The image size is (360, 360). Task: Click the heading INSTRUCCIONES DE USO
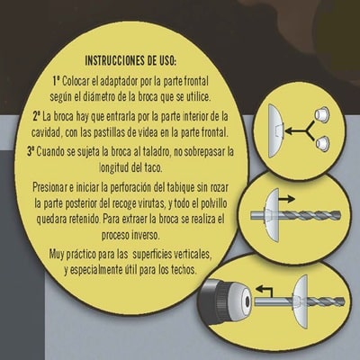pyautogui.click(x=130, y=60)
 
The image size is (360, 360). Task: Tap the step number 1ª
pyautogui.click(x=57, y=81)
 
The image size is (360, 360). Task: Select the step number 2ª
pyautogui.click(x=37, y=116)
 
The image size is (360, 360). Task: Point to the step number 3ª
pyautogui.click(x=31, y=151)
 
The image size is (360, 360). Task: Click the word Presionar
pyautogui.click(x=49, y=188)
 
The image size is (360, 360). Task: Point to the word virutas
pyautogui.click(x=152, y=204)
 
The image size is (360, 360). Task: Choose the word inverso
pyautogui.click(x=146, y=235)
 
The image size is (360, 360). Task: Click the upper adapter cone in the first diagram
pyautogui.click(x=321, y=113)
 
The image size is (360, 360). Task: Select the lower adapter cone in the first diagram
pyautogui.click(x=323, y=143)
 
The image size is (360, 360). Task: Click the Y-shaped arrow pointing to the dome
pyautogui.click(x=300, y=130)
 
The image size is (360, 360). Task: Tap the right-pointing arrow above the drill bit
pyautogui.click(x=286, y=199)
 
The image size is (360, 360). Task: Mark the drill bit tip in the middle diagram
pyautogui.click(x=339, y=214)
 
